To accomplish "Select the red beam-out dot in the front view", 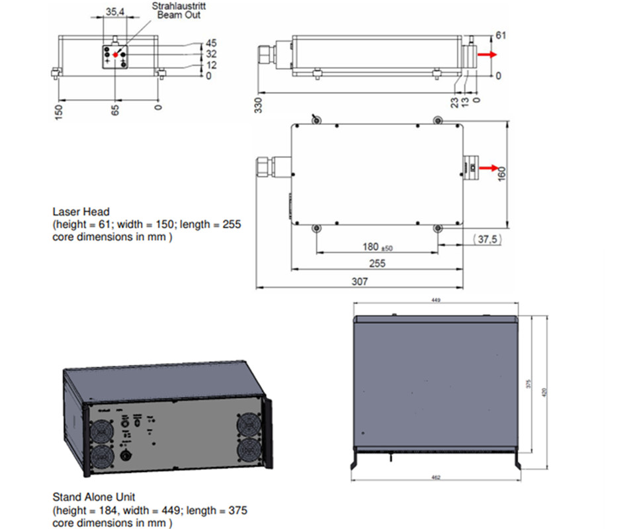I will [x=116, y=54].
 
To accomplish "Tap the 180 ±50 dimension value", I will [x=378, y=247].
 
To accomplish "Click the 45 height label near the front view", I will [x=212, y=44].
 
